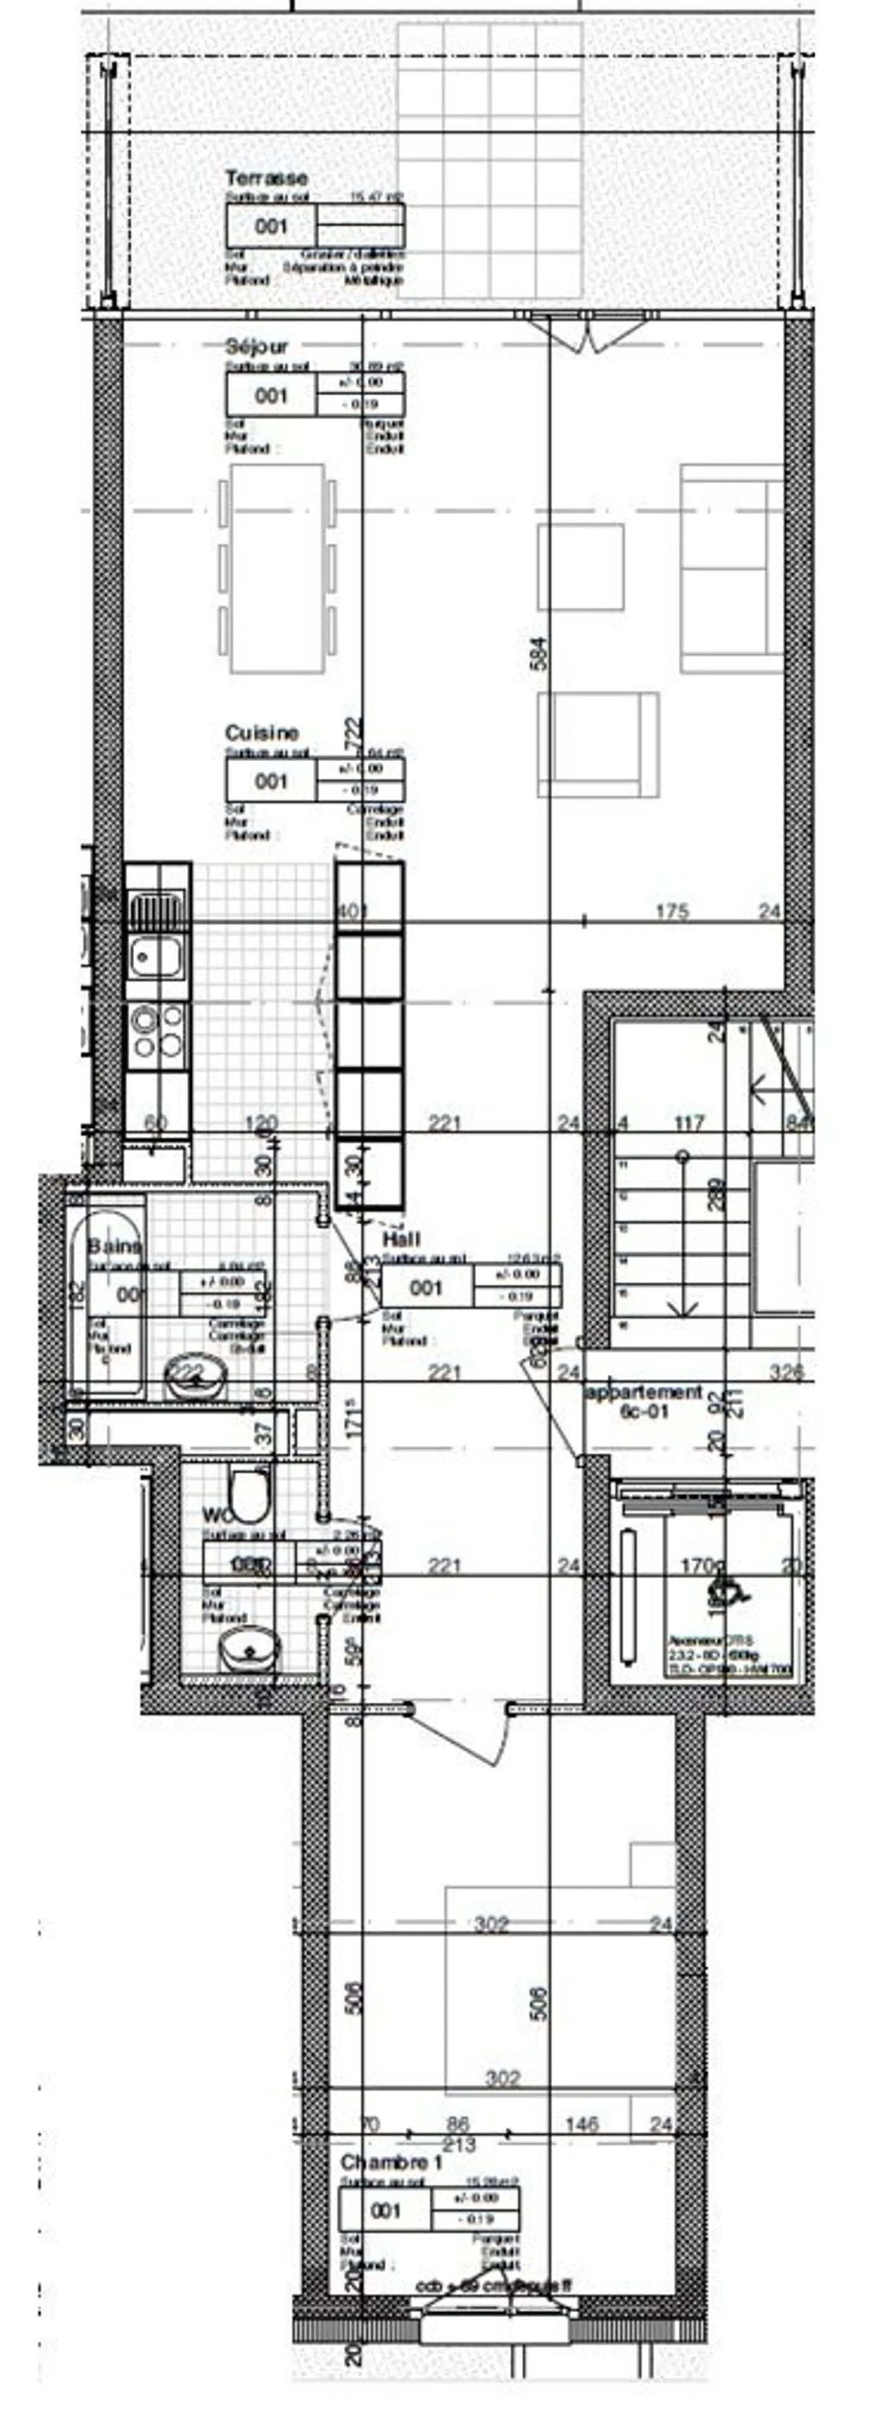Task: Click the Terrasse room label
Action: click(x=266, y=178)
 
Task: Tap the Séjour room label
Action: click(x=256, y=347)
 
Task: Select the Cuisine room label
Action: click(x=262, y=733)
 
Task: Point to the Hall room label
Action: click(x=401, y=1239)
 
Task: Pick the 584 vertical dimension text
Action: click(x=538, y=653)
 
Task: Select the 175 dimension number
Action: click(x=672, y=910)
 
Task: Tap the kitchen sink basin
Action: click(x=155, y=955)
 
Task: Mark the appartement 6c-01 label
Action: click(x=644, y=1401)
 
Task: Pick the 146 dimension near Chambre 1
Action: click(x=582, y=2124)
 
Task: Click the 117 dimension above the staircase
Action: click(x=689, y=1122)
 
